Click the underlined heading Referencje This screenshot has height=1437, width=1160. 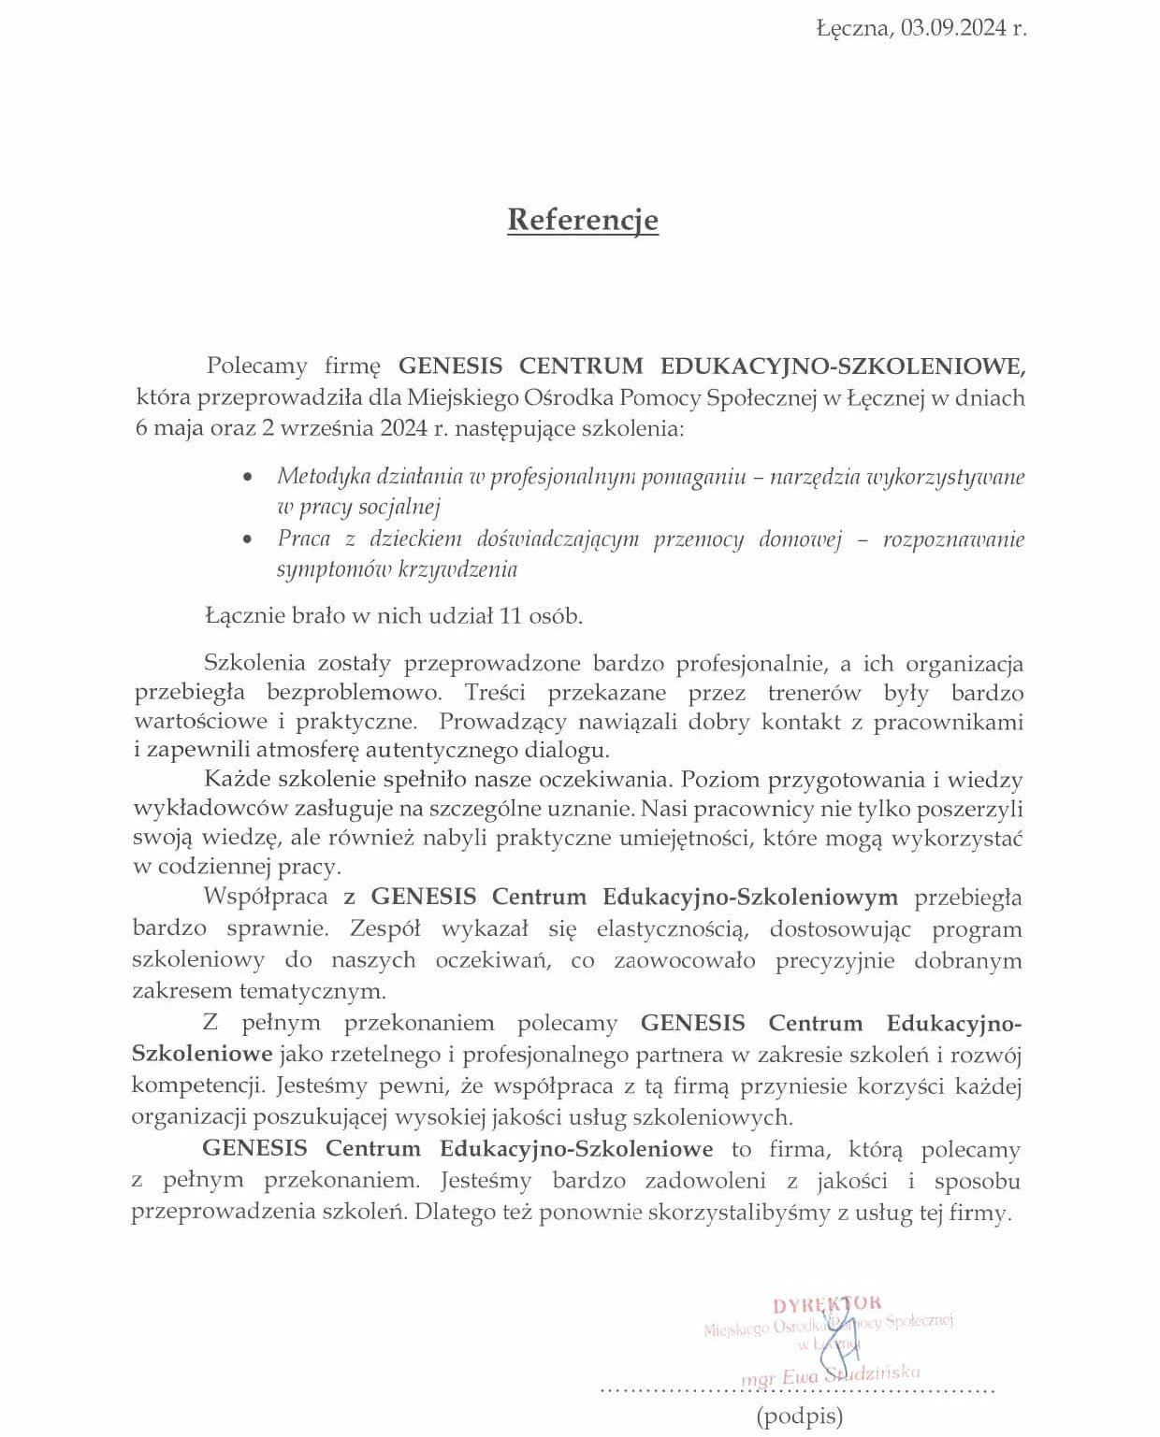click(583, 220)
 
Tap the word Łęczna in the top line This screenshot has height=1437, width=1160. click(853, 28)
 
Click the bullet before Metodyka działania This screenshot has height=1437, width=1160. click(246, 478)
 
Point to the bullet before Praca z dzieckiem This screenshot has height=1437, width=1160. click(246, 540)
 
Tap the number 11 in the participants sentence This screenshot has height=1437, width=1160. click(509, 616)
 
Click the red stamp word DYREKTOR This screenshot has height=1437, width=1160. click(827, 1303)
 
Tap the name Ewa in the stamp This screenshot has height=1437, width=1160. click(809, 1375)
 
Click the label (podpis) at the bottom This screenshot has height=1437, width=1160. click(800, 1415)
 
